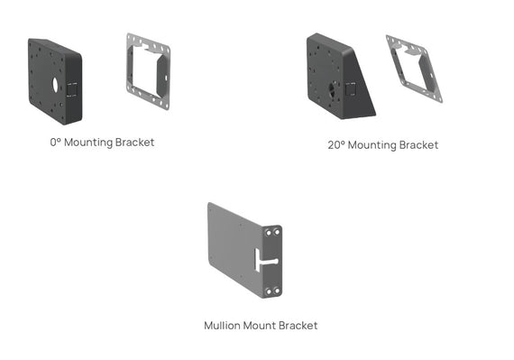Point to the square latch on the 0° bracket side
73,88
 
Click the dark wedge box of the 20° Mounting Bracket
334,77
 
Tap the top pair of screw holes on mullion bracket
273,232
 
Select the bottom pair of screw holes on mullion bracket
272,291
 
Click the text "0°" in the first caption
56,143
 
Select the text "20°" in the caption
335,145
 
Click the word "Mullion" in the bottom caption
222,326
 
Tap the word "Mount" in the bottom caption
260,326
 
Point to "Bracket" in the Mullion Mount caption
298,326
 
